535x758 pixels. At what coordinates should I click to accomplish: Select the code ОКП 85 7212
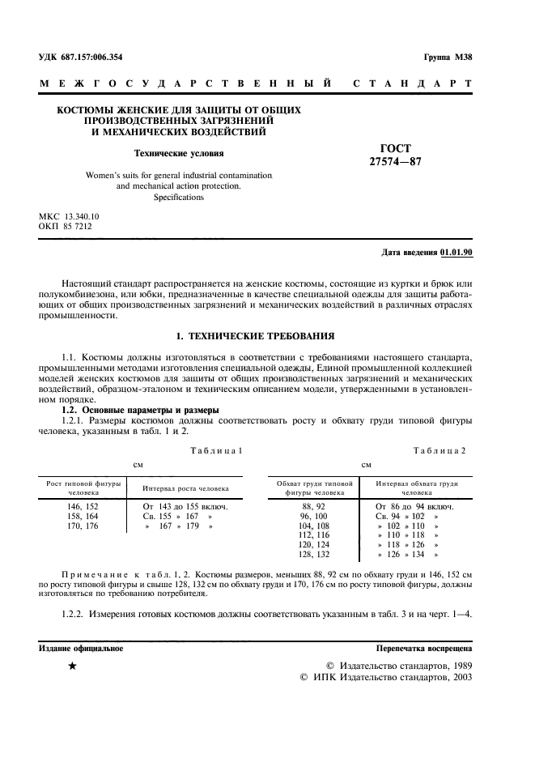(x=66, y=228)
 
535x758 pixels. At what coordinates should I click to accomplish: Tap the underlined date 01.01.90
(x=456, y=252)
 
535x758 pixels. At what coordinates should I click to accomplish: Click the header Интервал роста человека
(x=185, y=489)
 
